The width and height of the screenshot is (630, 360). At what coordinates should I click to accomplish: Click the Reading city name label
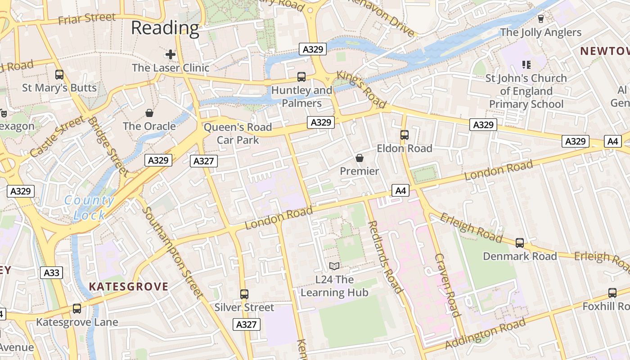coord(165,28)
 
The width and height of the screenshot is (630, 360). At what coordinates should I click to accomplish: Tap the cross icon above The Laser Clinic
coord(171,55)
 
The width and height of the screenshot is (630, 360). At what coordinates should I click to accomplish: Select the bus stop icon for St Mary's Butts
coord(59,75)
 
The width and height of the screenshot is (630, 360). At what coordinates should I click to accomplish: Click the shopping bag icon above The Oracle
coord(149,112)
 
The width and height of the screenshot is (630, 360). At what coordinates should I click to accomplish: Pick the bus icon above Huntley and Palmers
coord(301,77)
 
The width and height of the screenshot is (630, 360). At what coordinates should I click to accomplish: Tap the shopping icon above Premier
coord(360,158)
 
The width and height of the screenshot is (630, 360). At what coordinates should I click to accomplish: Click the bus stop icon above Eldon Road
coord(405,135)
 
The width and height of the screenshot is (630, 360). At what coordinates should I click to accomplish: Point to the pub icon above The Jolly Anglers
coord(541,19)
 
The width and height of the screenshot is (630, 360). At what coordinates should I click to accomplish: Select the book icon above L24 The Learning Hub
coord(334,266)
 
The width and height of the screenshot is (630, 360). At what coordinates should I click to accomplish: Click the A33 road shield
coord(52,273)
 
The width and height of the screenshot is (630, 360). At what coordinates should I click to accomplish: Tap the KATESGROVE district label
coord(129,287)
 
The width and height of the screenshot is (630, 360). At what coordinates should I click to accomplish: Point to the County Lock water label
coord(89,208)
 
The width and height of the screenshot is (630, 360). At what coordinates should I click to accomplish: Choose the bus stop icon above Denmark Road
coord(520,243)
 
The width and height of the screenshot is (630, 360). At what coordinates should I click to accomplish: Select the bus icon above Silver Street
coord(244,294)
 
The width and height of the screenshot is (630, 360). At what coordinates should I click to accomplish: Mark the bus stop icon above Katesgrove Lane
coord(77,309)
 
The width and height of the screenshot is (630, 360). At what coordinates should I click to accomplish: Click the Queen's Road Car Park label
coord(238,134)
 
